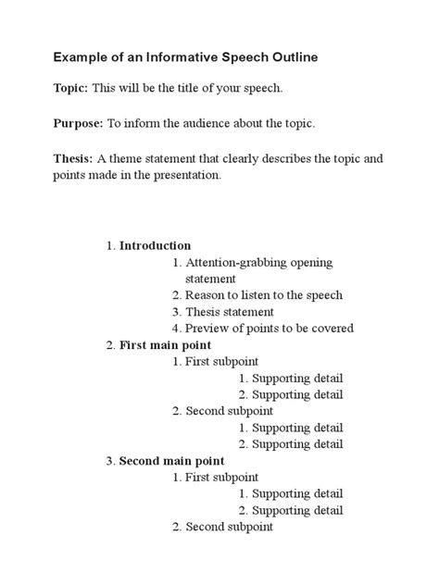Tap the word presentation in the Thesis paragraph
pos(185,174)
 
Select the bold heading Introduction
pos(155,245)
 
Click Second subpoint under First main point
pos(230,411)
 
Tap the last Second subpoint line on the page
pos(230,527)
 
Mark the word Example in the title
pos(79,57)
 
